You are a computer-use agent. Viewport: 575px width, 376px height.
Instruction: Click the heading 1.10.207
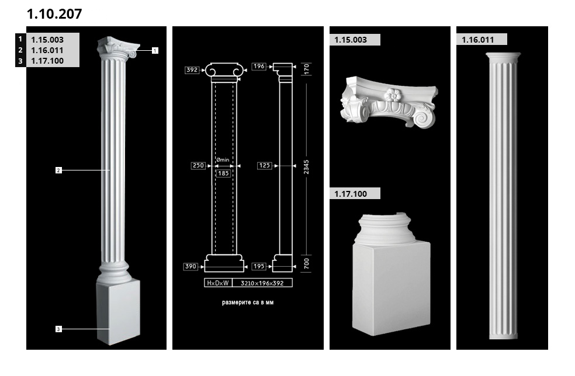click(54, 14)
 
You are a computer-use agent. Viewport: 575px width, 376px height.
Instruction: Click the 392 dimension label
click(192, 70)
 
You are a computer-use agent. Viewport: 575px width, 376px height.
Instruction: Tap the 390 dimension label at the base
click(190, 266)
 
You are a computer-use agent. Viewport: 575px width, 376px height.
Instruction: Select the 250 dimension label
click(198, 166)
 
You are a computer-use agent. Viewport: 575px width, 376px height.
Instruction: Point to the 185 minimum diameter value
click(223, 173)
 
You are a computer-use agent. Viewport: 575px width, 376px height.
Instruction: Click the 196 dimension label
click(259, 67)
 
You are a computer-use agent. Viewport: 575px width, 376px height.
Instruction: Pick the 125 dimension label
click(264, 166)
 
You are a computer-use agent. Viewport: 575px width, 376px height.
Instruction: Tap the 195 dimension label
click(259, 266)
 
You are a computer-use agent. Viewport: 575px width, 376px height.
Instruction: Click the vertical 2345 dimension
click(306, 167)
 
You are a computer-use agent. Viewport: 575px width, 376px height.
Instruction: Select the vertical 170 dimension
click(307, 69)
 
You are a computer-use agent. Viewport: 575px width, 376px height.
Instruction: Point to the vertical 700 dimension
click(307, 263)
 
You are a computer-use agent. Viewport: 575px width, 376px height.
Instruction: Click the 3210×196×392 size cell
click(262, 283)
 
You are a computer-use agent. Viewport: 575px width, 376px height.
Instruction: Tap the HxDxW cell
click(218, 283)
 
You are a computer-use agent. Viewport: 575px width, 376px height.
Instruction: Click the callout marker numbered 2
click(58, 170)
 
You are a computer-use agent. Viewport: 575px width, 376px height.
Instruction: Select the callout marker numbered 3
click(58, 329)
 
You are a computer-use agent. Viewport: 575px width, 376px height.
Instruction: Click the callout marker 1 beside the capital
click(155, 51)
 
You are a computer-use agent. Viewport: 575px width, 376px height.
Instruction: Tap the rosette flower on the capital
click(393, 95)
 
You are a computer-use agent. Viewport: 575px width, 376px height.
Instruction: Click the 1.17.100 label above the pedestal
click(351, 194)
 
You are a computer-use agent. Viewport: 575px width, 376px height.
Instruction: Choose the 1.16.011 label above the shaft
click(478, 40)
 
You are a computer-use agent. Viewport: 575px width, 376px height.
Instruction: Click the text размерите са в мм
click(248, 302)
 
